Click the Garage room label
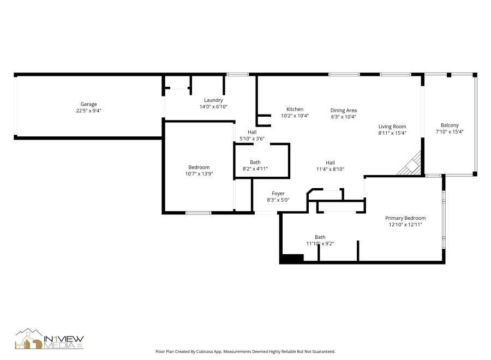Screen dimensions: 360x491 pyautogui.click(x=89, y=104)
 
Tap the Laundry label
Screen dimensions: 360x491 pyautogui.click(x=213, y=100)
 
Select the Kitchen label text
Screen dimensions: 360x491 pyautogui.click(x=295, y=109)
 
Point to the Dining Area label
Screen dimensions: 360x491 pyautogui.click(x=343, y=110)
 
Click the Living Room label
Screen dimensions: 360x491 pyautogui.click(x=392, y=127)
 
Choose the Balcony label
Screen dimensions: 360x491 pyautogui.click(x=450, y=125)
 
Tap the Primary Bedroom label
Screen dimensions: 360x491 pyautogui.click(x=405, y=218)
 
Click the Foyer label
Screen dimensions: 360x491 pyautogui.click(x=278, y=193)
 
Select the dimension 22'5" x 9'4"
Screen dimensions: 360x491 pyautogui.click(x=89, y=111)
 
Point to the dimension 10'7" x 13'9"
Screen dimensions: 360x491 pyautogui.click(x=199, y=174)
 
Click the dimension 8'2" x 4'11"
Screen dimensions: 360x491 pyautogui.click(x=255, y=169)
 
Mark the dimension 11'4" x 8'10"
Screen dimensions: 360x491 pyautogui.click(x=330, y=169)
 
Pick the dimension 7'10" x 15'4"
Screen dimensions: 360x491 pyautogui.click(x=450, y=131)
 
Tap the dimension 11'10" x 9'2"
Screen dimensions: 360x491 pyautogui.click(x=320, y=243)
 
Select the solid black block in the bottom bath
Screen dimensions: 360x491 pyautogui.click(x=292, y=259)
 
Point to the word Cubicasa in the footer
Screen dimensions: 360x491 pyautogui.click(x=212, y=352)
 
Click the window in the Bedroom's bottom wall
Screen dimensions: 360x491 pyautogui.click(x=199, y=212)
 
